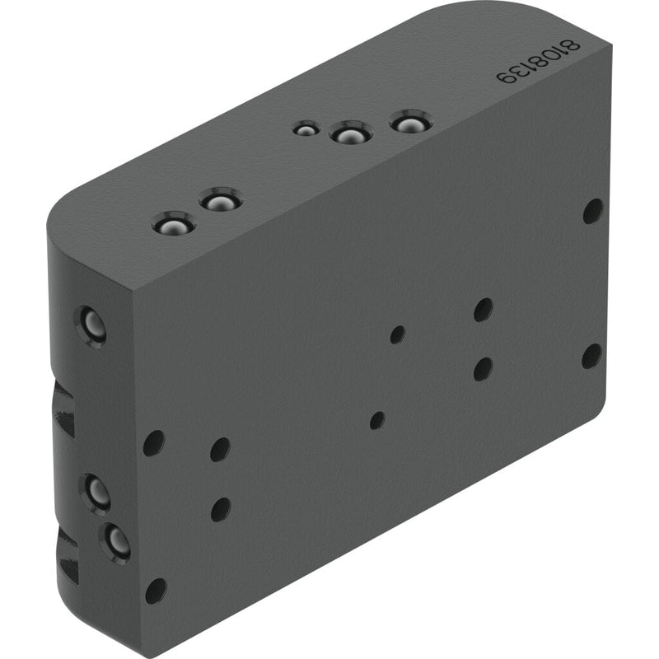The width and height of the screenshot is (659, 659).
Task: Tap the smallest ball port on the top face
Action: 306,129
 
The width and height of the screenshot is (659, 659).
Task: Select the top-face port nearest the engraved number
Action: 410,122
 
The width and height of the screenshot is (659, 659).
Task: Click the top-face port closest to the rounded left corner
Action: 174,223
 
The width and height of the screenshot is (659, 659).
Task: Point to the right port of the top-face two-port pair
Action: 221,199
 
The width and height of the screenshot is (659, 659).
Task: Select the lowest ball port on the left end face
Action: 115,543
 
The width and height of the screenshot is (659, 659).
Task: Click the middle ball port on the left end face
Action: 96,493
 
